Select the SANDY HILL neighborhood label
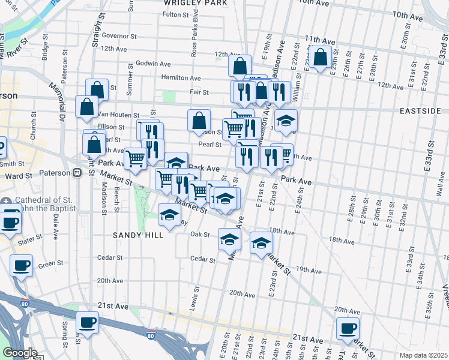[x=138, y=236]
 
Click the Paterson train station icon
[x=77, y=173]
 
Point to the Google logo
[x=19, y=353]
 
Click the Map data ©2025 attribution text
[x=423, y=355]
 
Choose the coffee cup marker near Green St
[x=22, y=265]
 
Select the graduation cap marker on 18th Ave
[x=261, y=243]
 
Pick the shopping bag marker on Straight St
[x=97, y=90]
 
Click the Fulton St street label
[x=176, y=14]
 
